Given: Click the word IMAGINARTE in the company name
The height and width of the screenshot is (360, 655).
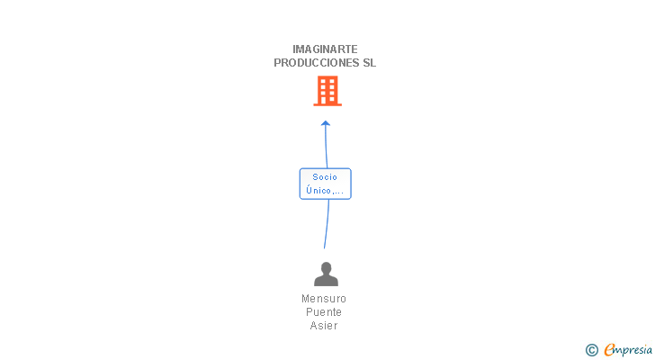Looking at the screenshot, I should click(x=325, y=49).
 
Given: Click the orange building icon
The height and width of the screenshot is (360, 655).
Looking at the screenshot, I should click(x=327, y=90).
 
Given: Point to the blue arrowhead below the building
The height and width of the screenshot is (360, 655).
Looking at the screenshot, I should click(x=326, y=123).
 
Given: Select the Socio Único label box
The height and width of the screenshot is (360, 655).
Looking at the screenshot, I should click(x=325, y=184).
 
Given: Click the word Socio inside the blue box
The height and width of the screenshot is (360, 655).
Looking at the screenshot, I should click(x=325, y=177).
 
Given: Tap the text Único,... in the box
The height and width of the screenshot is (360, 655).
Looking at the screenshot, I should click(x=325, y=191).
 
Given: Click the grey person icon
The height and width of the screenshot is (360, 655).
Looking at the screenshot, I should click(x=326, y=274).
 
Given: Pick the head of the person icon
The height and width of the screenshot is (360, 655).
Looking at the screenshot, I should click(x=326, y=267).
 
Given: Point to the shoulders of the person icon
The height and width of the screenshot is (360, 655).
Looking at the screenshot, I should click(x=326, y=281).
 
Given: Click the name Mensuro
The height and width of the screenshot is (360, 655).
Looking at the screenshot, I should click(x=324, y=299).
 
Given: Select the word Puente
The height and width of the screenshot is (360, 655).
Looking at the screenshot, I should click(x=324, y=312).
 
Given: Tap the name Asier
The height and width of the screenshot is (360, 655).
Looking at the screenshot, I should click(x=324, y=326).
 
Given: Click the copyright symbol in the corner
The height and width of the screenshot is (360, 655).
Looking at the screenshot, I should click(x=591, y=350).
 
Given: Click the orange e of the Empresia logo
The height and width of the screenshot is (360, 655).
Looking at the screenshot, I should click(x=610, y=350).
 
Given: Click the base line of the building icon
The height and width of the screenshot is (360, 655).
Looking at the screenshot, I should click(x=327, y=104).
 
